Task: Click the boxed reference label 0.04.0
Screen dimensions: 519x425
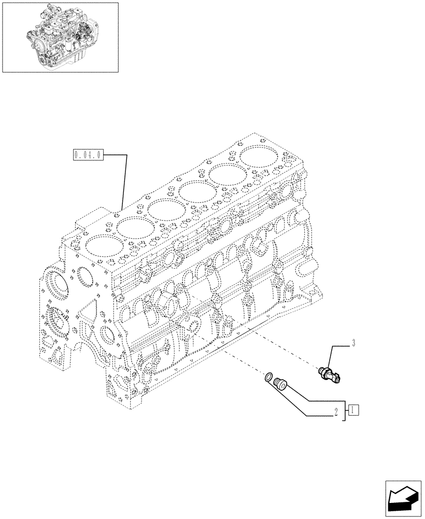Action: [x=89, y=155]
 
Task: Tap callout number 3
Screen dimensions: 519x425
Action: [x=353, y=343]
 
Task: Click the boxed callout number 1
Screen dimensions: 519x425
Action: [x=353, y=410]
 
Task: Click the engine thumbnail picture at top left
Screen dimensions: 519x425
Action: [x=60, y=36]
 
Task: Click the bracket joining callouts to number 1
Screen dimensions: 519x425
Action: [x=344, y=410]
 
